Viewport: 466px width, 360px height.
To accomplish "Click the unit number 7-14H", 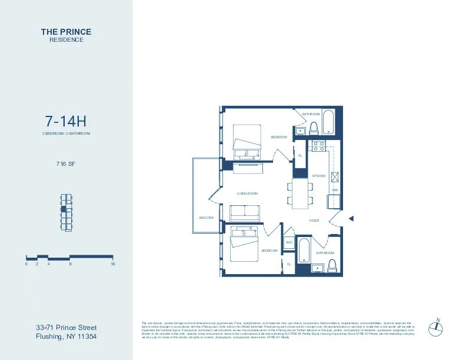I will (66, 122).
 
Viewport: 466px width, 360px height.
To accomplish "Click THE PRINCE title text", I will (66, 32).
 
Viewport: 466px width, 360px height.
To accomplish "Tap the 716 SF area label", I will (66, 164).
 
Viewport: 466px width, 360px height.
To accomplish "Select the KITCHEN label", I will (318, 176).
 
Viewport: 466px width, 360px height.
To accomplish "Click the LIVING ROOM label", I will (247, 193).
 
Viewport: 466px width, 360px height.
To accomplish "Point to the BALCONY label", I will (206, 217).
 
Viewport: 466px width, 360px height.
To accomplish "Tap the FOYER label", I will (314, 221).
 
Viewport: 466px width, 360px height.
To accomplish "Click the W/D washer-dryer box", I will (289, 242).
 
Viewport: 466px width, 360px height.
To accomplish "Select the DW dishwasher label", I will (334, 190).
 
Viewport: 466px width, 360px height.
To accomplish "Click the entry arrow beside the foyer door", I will (351, 219).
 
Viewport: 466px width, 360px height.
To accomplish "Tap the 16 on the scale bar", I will (112, 264).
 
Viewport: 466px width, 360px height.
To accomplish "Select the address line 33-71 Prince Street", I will (66, 328).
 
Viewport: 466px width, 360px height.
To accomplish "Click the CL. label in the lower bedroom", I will (289, 264).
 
